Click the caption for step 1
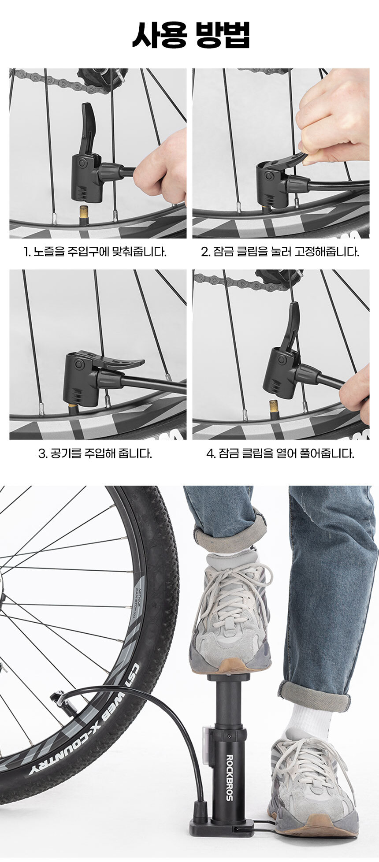coord(95,252)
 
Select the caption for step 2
coord(280,252)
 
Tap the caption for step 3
coord(95,453)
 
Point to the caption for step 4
coord(280,453)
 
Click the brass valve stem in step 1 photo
coord(83,215)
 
